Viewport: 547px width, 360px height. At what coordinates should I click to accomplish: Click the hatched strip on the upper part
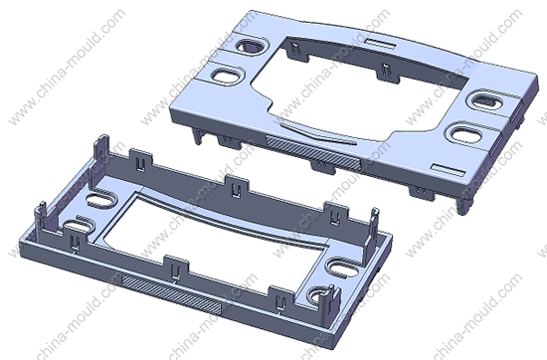pyautogui.click(x=313, y=153)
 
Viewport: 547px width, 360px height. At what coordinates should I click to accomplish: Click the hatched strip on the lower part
pyautogui.click(x=171, y=293)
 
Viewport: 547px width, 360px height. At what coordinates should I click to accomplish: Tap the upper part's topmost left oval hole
pyautogui.click(x=250, y=45)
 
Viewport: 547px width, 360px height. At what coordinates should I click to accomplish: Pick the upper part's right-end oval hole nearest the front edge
pyautogui.click(x=466, y=133)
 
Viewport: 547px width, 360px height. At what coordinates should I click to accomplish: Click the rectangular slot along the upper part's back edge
pyautogui.click(x=380, y=44)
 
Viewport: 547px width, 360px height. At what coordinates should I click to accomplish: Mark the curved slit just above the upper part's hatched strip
pyautogui.click(x=317, y=132)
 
